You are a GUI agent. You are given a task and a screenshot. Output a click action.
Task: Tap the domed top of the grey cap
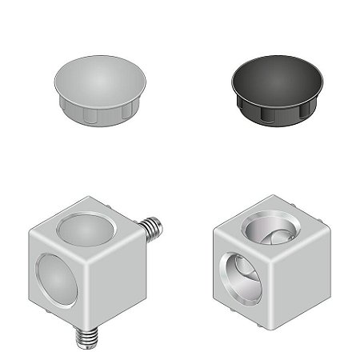pyautogui.click(x=100, y=78)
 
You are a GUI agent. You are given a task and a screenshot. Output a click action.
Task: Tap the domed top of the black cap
pyautogui.click(x=276, y=78)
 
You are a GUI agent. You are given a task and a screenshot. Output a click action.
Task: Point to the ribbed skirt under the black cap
pyautogui.click(x=276, y=114)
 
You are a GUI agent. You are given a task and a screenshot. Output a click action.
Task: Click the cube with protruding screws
pyautogui.click(x=88, y=272)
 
